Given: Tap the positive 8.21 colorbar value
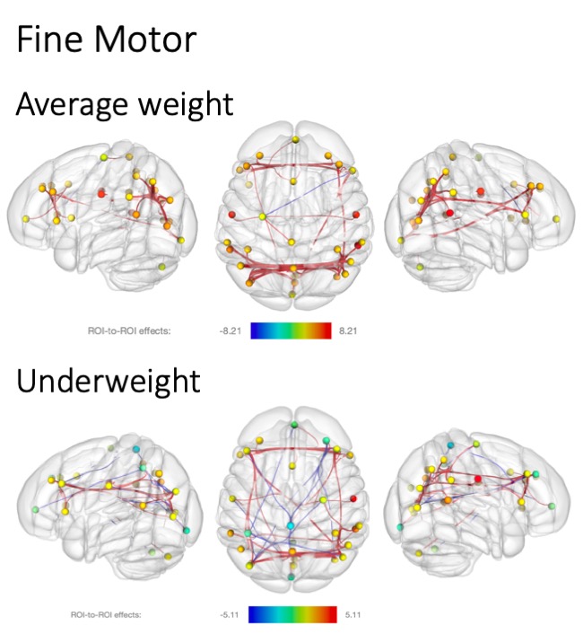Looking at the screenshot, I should point(350,330).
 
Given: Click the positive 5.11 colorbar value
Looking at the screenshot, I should point(350,615).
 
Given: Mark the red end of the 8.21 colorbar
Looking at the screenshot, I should point(325,330).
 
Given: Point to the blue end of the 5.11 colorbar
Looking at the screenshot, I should point(256,615).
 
